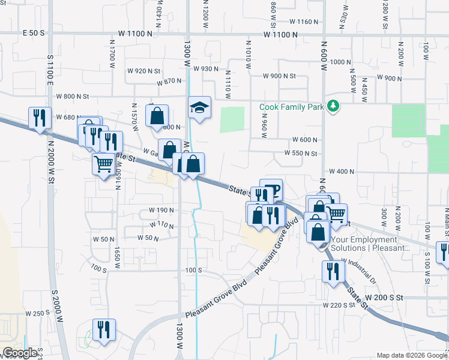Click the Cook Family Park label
point(291,107)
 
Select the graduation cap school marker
point(199,108)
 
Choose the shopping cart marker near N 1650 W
point(103,163)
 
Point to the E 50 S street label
point(35,34)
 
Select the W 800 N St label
point(73,96)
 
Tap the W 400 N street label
point(342,172)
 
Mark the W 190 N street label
point(161,211)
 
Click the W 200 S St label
point(382,298)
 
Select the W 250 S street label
point(37,313)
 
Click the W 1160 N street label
point(303,22)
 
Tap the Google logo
point(20,353)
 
